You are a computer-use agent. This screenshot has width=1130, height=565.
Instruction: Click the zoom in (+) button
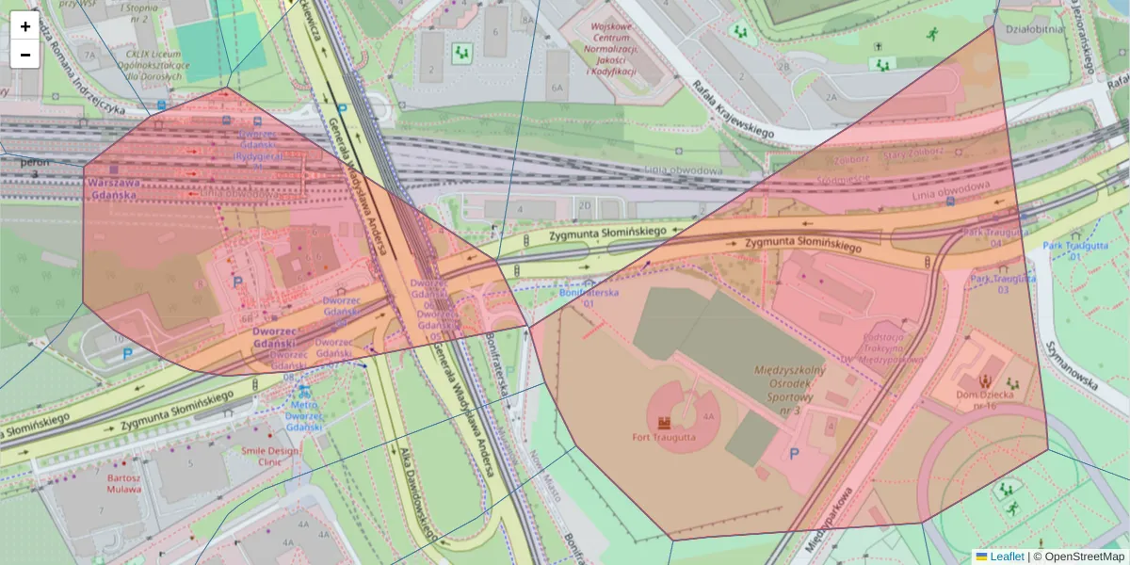25,26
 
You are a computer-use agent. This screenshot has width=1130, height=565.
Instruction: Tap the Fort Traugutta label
663,437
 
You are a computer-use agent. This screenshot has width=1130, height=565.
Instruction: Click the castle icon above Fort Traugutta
663,422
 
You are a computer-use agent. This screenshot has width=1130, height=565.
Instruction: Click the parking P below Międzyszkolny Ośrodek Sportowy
794,454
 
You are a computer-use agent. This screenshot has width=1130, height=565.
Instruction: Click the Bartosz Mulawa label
123,483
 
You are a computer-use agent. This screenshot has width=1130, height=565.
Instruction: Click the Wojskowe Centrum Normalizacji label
612,50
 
